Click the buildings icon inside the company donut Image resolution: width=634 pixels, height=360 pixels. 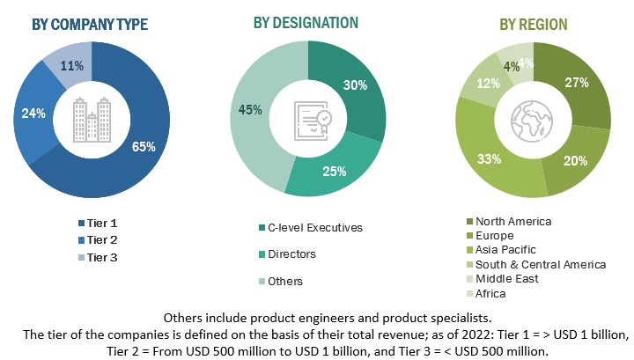click(91, 117)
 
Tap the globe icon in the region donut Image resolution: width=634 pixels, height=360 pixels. click(532, 119)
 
